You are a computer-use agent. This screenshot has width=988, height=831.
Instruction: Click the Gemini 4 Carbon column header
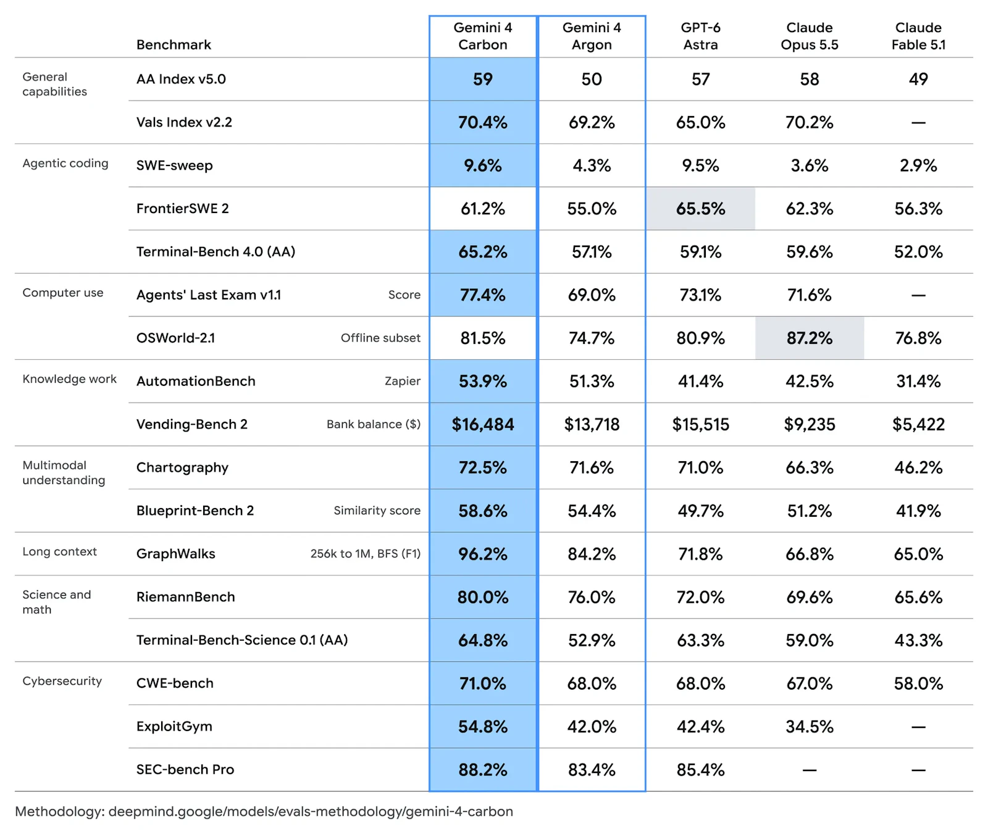point(482,36)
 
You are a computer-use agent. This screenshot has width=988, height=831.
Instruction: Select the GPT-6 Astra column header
point(700,36)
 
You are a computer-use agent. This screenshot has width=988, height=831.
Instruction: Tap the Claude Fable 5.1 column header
point(918,36)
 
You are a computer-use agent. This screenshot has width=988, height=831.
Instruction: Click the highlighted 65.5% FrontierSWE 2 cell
point(700,209)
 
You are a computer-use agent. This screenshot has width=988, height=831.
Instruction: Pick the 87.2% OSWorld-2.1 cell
point(810,338)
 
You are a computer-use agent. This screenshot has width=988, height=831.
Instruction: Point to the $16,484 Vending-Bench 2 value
point(483,425)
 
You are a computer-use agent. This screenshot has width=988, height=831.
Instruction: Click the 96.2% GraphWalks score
point(483,554)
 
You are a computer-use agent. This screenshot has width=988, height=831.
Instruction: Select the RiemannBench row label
point(186,597)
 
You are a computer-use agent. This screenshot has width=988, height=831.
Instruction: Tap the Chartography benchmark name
point(182,468)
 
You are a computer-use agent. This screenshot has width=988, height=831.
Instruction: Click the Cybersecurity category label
point(62,681)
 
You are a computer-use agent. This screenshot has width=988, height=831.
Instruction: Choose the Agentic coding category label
point(65,163)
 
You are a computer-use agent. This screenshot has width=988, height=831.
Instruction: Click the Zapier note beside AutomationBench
point(403,382)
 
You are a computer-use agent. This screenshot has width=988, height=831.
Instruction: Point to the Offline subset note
point(380,338)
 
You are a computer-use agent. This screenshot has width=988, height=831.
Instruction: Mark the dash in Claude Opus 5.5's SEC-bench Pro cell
point(810,770)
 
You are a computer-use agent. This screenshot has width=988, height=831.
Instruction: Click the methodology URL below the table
point(311,811)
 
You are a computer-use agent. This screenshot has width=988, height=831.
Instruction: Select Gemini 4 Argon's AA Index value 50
point(592,79)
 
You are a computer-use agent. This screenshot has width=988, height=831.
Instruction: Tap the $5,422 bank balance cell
point(918,425)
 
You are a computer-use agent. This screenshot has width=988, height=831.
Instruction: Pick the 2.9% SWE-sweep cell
point(918,165)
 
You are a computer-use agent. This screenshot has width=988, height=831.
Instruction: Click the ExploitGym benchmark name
point(174,727)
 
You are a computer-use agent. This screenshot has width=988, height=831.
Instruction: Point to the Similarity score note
point(377,511)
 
